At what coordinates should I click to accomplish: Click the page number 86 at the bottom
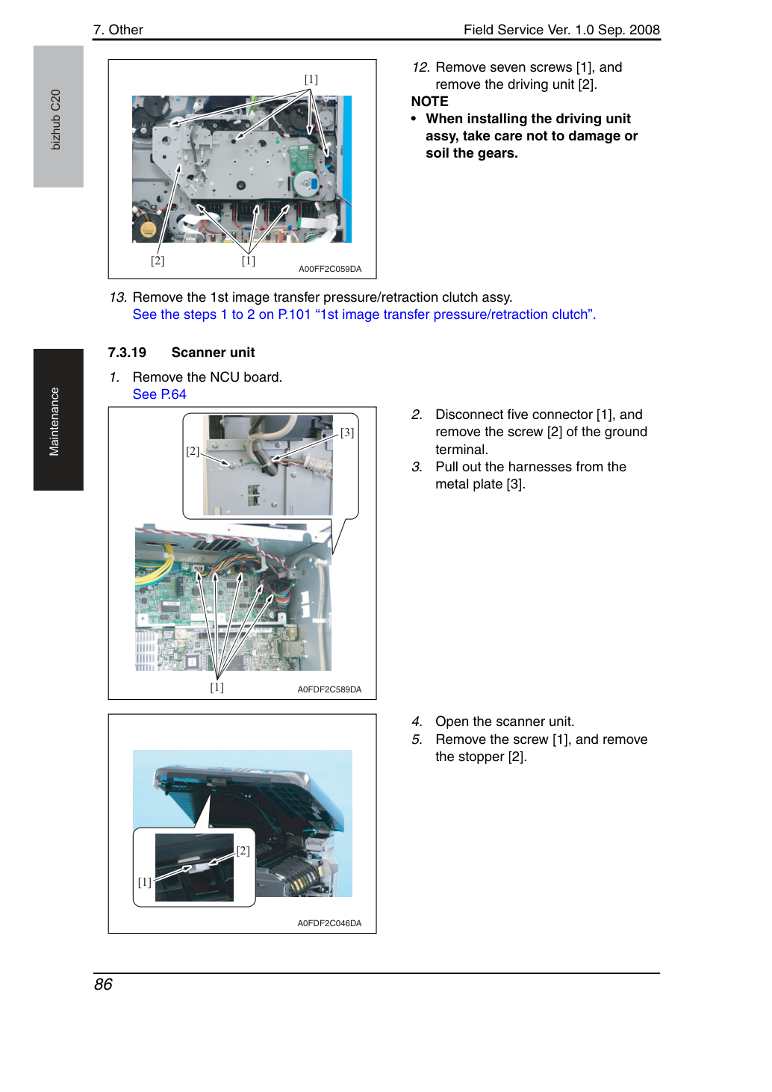103,984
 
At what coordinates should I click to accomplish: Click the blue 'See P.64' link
159,394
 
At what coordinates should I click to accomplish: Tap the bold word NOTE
429,102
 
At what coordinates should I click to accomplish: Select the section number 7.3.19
127,353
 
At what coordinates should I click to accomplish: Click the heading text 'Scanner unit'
213,353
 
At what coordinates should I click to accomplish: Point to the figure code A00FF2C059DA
330,269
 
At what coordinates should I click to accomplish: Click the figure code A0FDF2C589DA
329,689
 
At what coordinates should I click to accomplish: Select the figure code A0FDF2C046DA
329,923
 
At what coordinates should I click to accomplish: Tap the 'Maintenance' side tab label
54,422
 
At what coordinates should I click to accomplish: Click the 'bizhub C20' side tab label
55,120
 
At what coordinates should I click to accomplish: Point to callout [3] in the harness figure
347,432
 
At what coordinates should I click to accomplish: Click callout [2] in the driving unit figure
158,261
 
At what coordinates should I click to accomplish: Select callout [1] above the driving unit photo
311,79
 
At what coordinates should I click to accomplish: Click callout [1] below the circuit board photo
217,687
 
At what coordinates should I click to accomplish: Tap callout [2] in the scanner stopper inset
243,851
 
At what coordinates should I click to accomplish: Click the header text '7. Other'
119,30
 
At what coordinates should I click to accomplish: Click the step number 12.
420,67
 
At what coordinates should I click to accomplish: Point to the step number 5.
417,739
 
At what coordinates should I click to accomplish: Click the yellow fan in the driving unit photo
147,229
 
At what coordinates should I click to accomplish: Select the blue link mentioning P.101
364,314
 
